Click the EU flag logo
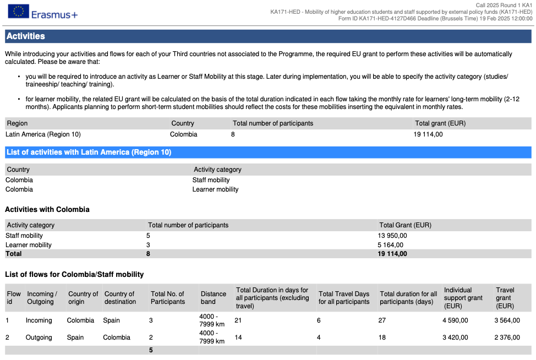pyautogui.click(x=18, y=12)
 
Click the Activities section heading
pyautogui.click(x=26, y=36)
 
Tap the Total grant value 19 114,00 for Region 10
pyautogui.click(x=428, y=134)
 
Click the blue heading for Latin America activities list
pyautogui.click(x=89, y=152)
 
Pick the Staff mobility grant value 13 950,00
pyautogui.click(x=392, y=236)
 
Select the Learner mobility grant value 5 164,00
pyautogui.click(x=390, y=245)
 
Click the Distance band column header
pyautogui.click(x=213, y=298)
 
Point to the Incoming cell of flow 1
pyautogui.click(x=39, y=320)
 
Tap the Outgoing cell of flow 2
pyautogui.click(x=39, y=337)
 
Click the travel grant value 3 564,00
pyautogui.click(x=507, y=320)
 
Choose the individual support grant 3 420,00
pyautogui.click(x=456, y=337)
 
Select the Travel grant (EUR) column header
pyautogui.click(x=505, y=298)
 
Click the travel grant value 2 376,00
pyautogui.click(x=507, y=337)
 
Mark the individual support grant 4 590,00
pyautogui.click(x=456, y=320)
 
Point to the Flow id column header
pyautogui.click(x=14, y=298)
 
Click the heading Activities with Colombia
pyautogui.click(x=47, y=210)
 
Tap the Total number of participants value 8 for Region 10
pyautogui.click(x=233, y=134)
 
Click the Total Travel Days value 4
pyautogui.click(x=319, y=337)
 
